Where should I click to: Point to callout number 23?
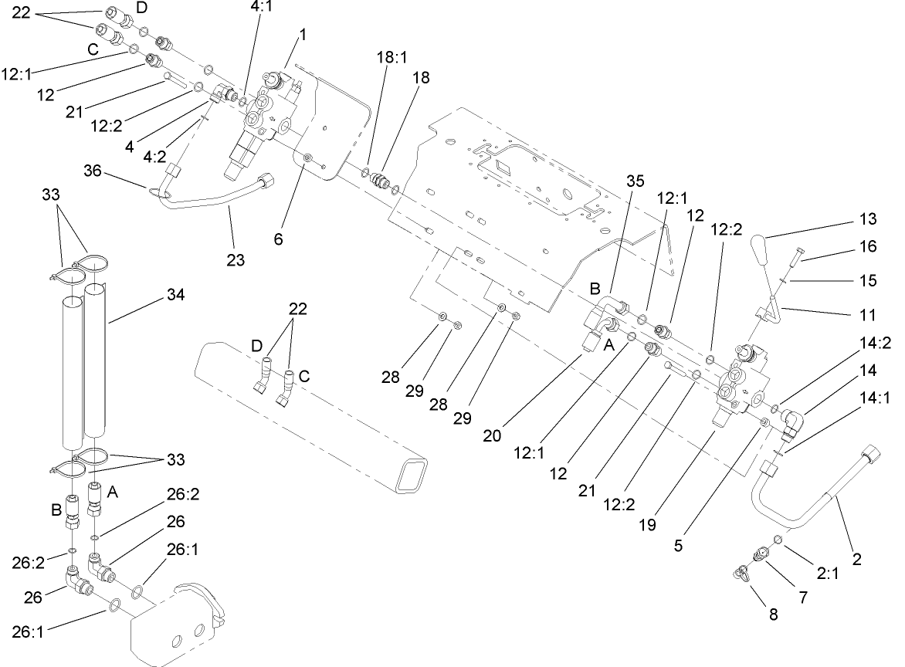click(x=236, y=259)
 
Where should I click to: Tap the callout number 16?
click(x=869, y=247)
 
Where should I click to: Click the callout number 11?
click(x=869, y=316)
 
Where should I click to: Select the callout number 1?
click(x=303, y=36)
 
